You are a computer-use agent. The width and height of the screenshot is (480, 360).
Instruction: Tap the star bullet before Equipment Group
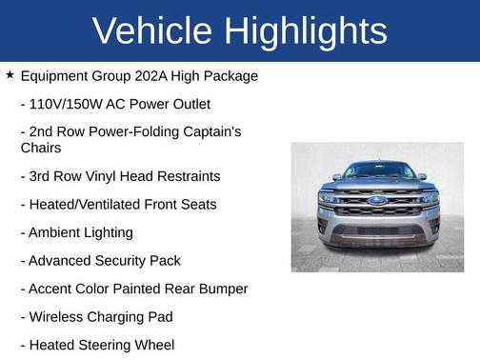[10, 74]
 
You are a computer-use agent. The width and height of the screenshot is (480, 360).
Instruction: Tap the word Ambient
[56, 232]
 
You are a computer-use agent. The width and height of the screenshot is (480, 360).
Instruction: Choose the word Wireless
[58, 316]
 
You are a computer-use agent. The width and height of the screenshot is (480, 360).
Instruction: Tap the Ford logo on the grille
[377, 201]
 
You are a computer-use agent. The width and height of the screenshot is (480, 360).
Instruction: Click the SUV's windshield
[377, 171]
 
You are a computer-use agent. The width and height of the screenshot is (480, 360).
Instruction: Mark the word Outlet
[189, 104]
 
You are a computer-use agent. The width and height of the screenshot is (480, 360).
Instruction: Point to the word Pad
[159, 316]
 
